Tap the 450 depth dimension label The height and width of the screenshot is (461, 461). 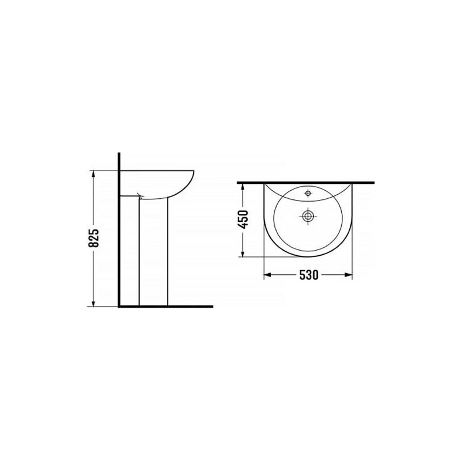pyautogui.click(x=243, y=220)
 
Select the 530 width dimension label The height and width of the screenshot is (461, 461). pyautogui.click(x=309, y=275)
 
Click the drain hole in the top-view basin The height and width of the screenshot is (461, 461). pyautogui.click(x=308, y=217)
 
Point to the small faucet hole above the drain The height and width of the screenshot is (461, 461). pyautogui.click(x=308, y=193)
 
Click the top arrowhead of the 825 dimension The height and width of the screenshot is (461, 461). pyautogui.click(x=93, y=175)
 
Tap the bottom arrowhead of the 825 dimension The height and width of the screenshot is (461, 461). pyautogui.click(x=93, y=303)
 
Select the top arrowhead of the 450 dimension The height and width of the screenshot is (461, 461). pyautogui.click(x=243, y=187)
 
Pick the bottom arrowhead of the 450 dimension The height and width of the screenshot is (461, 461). pyautogui.click(x=243, y=252)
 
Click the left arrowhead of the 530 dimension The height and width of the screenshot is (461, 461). pyautogui.click(x=267, y=275)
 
